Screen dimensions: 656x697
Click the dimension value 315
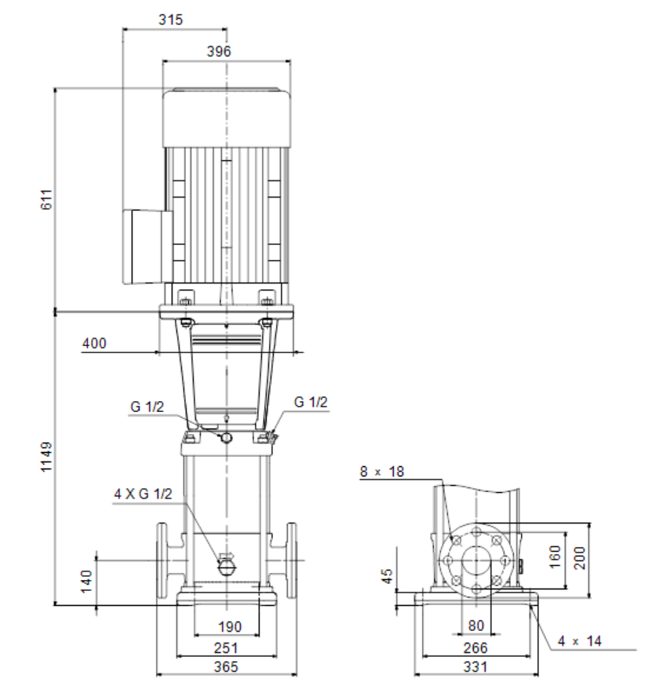(170, 20)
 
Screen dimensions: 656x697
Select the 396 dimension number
(219, 52)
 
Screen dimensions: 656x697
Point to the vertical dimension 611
(46, 199)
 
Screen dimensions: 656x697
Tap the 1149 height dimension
(46, 457)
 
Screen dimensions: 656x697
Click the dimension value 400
(94, 344)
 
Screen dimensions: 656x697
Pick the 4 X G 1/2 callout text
(143, 494)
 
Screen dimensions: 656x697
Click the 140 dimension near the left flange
(86, 582)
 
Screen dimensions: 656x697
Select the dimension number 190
(230, 627)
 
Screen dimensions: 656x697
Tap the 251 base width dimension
(226, 648)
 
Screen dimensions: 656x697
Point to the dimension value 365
(226, 666)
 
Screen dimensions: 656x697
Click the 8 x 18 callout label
(382, 472)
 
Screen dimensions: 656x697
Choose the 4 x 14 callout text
(580, 641)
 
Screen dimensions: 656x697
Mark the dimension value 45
(387, 576)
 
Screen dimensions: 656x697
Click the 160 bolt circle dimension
(555, 557)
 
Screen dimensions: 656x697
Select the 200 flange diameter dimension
(580, 558)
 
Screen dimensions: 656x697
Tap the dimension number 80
(476, 626)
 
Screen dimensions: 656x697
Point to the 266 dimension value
(476, 648)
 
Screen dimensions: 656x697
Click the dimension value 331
(476, 666)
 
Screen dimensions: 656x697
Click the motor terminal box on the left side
(148, 246)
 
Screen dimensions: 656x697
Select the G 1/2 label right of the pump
(311, 403)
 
